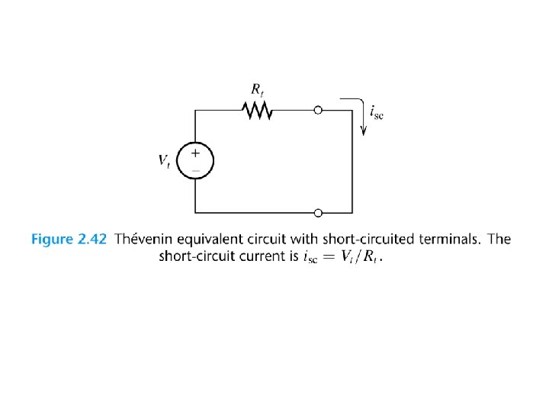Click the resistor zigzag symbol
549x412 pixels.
click(257, 111)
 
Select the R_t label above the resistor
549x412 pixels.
click(258, 89)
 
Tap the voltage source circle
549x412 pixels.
click(195, 161)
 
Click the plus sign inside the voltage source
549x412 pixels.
click(195, 153)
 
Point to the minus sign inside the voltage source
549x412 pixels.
click(195, 169)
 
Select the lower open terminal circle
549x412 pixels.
click(318, 212)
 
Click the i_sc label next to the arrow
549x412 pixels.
click(377, 113)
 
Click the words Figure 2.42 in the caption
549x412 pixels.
click(68, 240)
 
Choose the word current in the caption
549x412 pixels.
click(258, 256)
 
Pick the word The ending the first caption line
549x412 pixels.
click(499, 240)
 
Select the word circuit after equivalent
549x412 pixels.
click(267, 240)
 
